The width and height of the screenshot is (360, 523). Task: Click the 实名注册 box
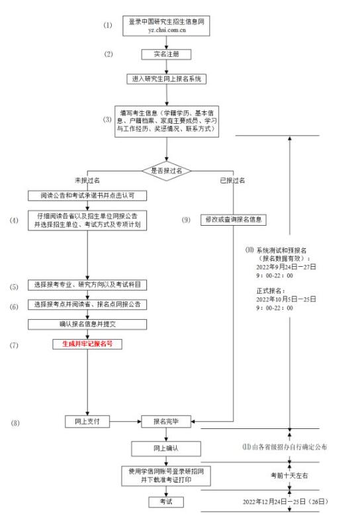(x=166, y=54)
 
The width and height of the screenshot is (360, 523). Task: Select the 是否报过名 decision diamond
(x=166, y=171)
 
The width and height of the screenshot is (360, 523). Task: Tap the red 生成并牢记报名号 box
(x=87, y=344)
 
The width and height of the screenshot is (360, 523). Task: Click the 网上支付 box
(x=87, y=421)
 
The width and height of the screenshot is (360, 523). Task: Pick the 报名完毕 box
(x=166, y=421)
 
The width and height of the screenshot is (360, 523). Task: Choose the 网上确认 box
(x=166, y=449)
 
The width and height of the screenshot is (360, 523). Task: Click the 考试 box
(x=166, y=502)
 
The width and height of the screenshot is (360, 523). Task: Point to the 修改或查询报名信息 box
(x=234, y=220)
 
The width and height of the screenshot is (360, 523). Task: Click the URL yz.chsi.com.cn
(x=167, y=30)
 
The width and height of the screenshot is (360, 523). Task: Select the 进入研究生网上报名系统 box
(x=166, y=79)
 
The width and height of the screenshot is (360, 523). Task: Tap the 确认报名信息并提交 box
(x=87, y=324)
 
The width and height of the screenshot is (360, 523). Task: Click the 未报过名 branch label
(x=87, y=181)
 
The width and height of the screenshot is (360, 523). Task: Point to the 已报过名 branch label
(x=232, y=181)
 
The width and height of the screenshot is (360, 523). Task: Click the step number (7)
(x=14, y=345)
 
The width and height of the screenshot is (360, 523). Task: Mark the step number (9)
(x=186, y=220)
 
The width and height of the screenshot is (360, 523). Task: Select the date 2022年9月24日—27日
(x=286, y=267)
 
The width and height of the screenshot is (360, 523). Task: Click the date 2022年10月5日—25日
(x=286, y=299)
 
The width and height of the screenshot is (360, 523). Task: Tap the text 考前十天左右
(x=289, y=475)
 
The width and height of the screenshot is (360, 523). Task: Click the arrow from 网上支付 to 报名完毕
(x=126, y=421)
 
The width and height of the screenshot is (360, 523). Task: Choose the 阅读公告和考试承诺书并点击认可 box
(x=87, y=195)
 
